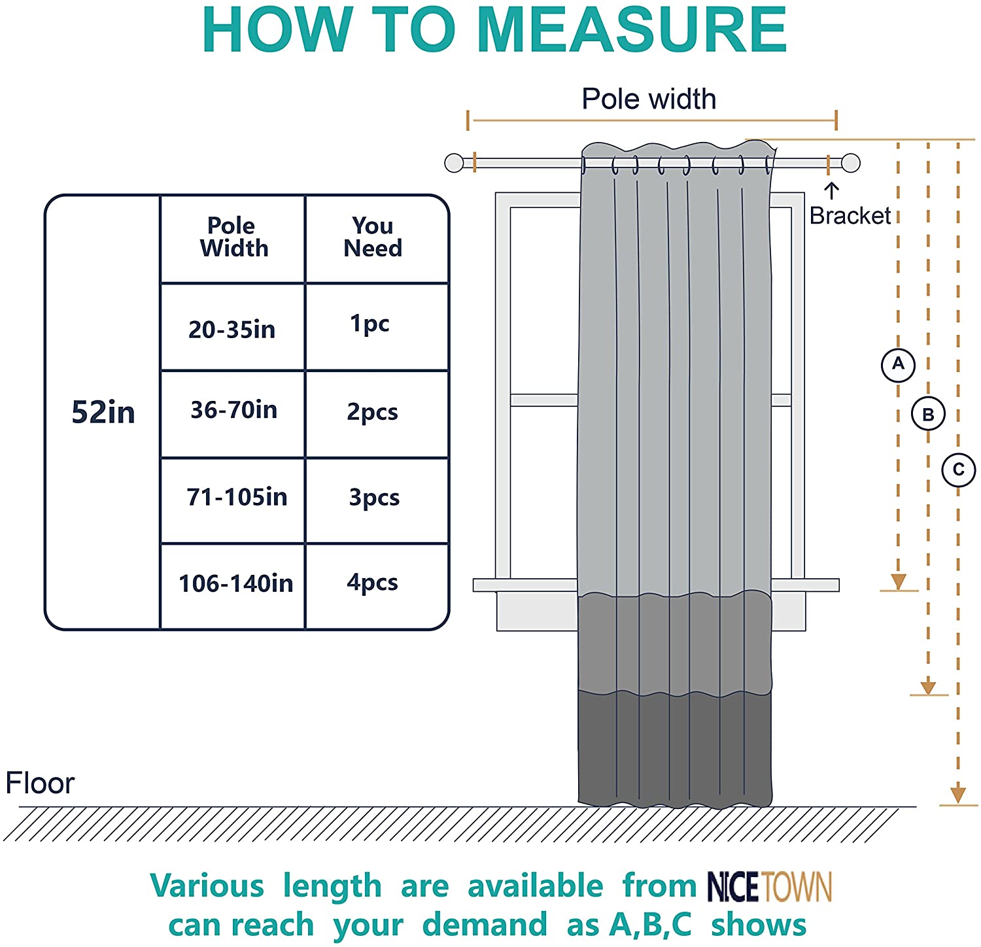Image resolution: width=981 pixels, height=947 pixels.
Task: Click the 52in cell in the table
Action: [x=103, y=412]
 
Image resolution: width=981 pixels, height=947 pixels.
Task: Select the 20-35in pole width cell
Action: [x=232, y=329]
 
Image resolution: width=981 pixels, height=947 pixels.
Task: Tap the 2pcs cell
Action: [x=372, y=412]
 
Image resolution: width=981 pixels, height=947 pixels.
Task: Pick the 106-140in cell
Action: [x=235, y=583]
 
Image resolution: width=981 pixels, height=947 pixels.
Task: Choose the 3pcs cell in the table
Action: [x=374, y=498]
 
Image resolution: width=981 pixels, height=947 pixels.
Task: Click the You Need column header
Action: [x=373, y=237]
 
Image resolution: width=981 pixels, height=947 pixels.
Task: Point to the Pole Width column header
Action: [x=233, y=237]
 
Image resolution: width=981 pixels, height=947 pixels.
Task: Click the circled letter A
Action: [x=898, y=364]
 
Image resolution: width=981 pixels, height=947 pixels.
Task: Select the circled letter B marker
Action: [x=928, y=414]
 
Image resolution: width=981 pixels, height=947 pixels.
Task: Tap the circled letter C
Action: [x=959, y=470]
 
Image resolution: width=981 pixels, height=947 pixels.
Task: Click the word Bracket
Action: [x=850, y=216]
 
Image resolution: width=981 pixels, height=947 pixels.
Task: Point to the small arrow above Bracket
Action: [x=831, y=190]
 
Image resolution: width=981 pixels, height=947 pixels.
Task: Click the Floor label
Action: [x=40, y=783]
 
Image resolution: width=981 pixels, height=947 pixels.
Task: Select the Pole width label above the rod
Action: [x=649, y=99]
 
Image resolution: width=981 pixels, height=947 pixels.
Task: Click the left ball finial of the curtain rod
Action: [x=454, y=163]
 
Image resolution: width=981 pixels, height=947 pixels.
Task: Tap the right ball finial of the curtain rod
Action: [x=850, y=163]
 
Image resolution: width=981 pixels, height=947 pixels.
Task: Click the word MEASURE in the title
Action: [x=632, y=30]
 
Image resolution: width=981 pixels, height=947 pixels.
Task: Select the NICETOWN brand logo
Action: [x=769, y=887]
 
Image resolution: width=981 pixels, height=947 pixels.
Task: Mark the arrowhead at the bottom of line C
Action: [x=958, y=795]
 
